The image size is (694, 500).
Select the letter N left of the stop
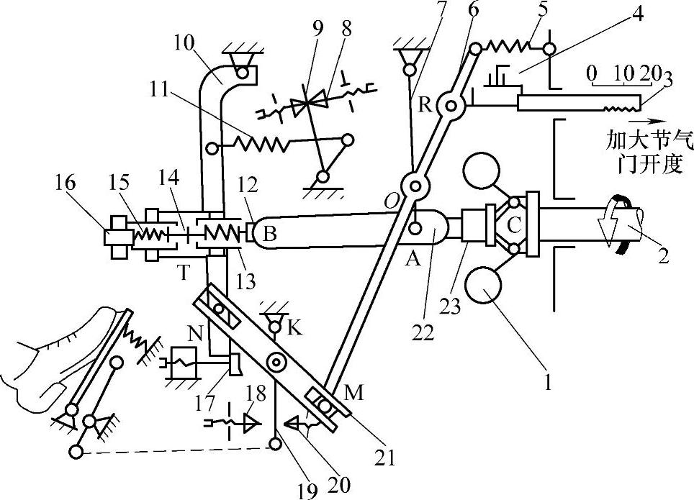(x=194, y=334)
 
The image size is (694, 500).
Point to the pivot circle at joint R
(x=451, y=107)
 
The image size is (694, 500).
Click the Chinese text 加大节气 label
(x=636, y=137)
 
